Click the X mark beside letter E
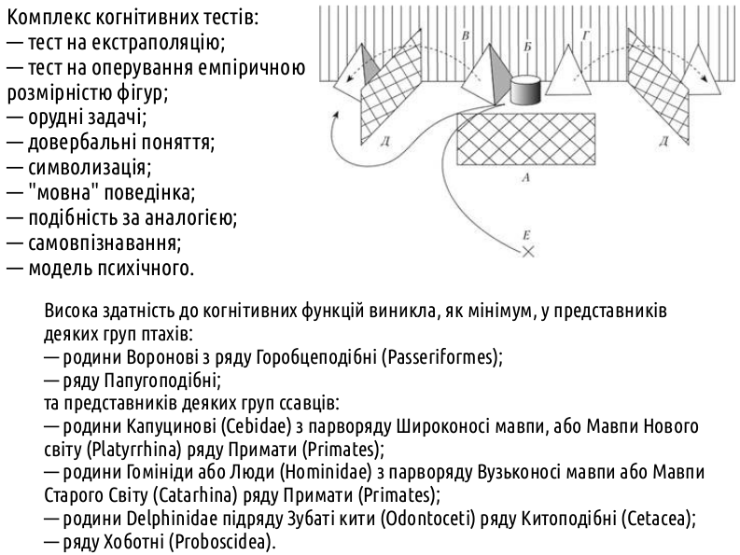pos(528,252)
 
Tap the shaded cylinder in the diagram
pos(525,90)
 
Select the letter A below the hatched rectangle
pos(526,177)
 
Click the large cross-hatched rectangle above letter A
pos(525,139)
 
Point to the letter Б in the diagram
pos(527,47)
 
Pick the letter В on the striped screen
pos(466,35)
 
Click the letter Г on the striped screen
pos(586,35)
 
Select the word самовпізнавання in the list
pos(105,243)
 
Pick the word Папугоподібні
pos(160,381)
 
